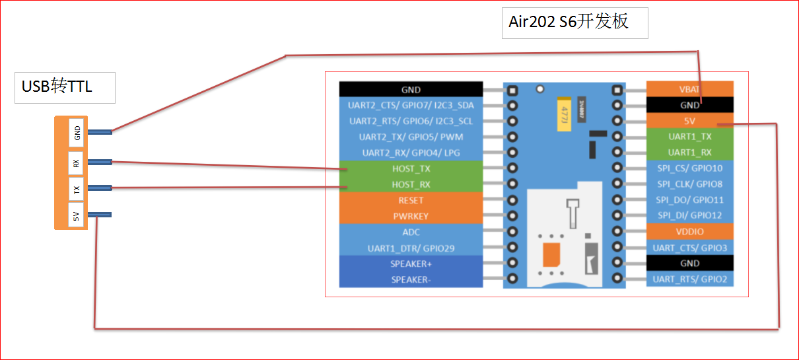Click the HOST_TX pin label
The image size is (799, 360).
[x=411, y=168]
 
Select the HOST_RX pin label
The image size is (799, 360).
[x=411, y=184]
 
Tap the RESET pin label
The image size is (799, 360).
[x=411, y=200]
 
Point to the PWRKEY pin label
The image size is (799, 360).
[x=411, y=216]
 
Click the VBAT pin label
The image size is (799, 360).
[x=689, y=89]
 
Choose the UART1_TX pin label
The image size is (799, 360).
[x=690, y=137]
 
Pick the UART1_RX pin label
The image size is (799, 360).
[x=690, y=153]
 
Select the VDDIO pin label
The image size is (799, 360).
[x=690, y=232]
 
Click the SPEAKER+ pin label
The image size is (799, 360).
[x=411, y=264]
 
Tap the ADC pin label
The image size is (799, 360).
[x=411, y=232]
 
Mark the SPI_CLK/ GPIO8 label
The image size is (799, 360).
[x=690, y=184]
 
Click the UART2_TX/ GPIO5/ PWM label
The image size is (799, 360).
[x=411, y=137]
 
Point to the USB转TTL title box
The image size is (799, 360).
[x=65, y=88]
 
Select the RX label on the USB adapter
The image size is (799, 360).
[x=76, y=163]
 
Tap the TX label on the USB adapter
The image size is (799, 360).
[x=76, y=190]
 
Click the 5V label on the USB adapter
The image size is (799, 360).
[x=76, y=216]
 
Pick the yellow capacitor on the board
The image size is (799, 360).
[x=564, y=114]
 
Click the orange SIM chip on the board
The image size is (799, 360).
[x=551, y=254]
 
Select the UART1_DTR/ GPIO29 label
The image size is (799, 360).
[x=411, y=248]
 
